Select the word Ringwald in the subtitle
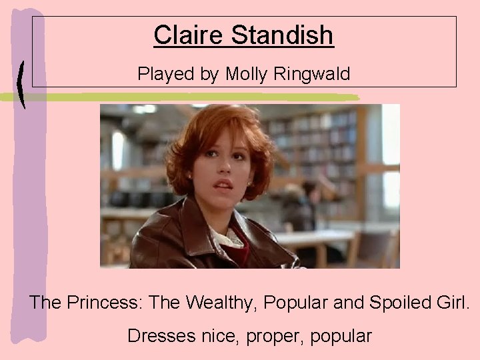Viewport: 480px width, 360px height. tap(310, 74)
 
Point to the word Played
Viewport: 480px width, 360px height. tap(160, 74)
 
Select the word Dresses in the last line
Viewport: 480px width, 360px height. tap(161, 336)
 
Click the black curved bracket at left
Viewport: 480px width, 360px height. tap(24, 83)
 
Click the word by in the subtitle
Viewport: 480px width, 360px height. tap(209, 75)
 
